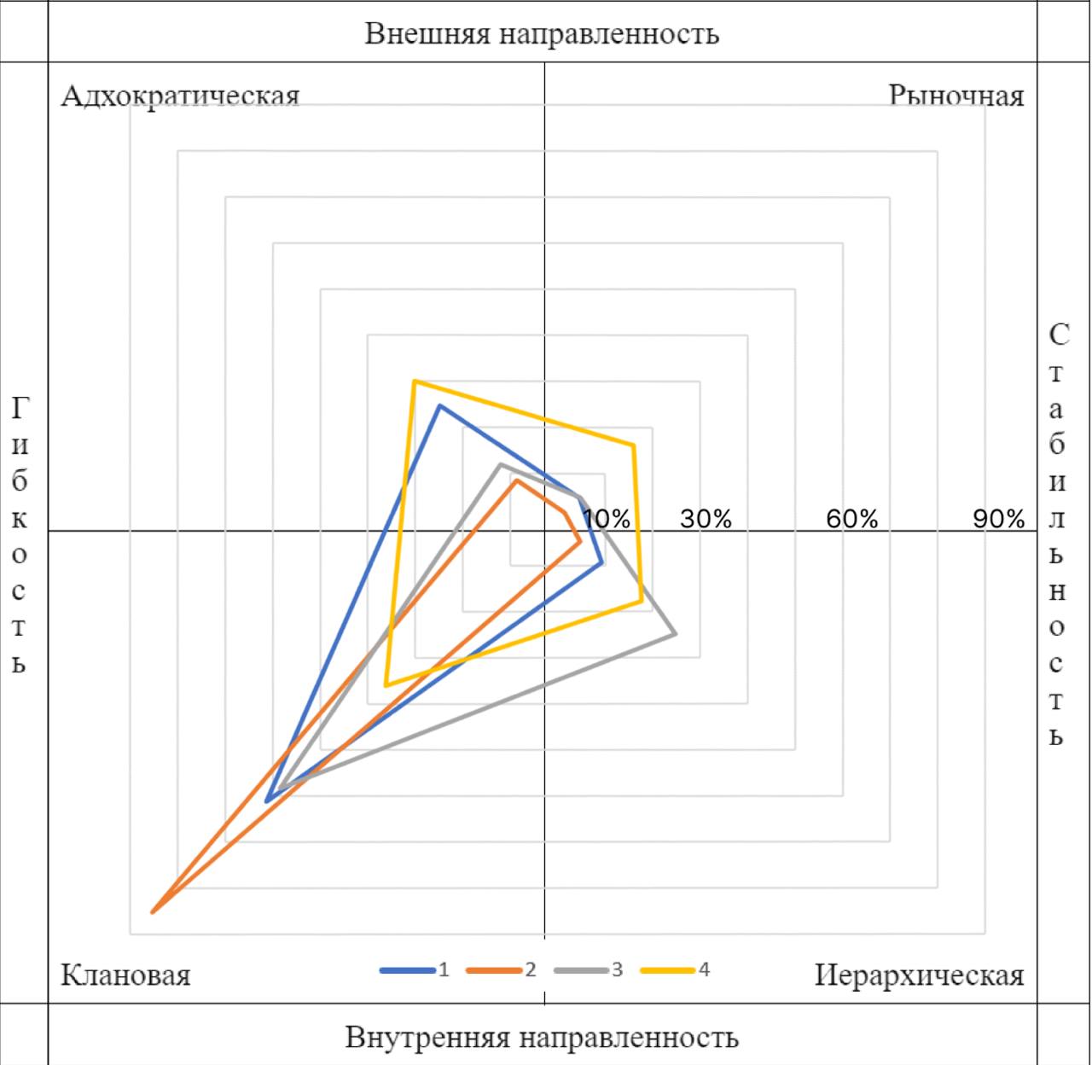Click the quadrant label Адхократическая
180,95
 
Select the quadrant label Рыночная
955,95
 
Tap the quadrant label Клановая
125,975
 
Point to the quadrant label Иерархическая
919,975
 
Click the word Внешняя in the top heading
427,33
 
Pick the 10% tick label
607,519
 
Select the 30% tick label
706,519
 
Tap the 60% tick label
851,519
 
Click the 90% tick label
998,519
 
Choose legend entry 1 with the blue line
415,970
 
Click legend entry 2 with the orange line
502,970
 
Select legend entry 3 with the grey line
589,970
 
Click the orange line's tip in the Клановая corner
152,912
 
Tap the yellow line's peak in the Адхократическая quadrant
414,381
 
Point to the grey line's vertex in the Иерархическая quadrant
676,633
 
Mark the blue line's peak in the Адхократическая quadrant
439,405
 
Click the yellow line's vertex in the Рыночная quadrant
633,445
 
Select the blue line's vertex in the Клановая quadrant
267,801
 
